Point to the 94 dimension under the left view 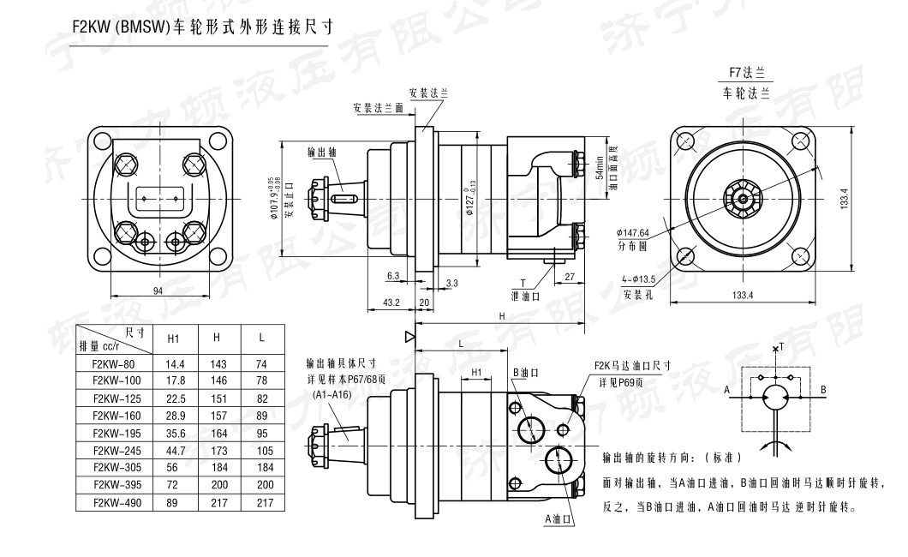(158, 291)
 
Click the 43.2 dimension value (391, 302)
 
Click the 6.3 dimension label (393, 275)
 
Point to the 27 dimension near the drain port (570, 276)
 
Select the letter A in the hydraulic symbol (727, 388)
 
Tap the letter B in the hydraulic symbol (823, 388)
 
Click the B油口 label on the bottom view (526, 373)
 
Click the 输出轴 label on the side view (322, 152)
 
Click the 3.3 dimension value (452, 282)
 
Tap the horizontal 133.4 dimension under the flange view (744, 296)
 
